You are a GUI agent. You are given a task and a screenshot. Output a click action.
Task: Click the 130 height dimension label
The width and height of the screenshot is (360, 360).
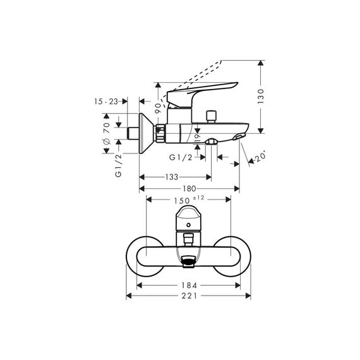[261, 97]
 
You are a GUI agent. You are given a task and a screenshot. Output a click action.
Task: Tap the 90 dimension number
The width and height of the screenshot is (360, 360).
[158, 109]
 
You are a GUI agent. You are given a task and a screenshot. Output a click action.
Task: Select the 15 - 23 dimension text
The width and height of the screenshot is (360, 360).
[106, 101]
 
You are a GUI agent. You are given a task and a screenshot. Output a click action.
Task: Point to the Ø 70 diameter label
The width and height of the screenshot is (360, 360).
[107, 133]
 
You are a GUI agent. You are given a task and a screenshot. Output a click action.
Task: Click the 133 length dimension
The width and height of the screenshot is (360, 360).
[172, 177]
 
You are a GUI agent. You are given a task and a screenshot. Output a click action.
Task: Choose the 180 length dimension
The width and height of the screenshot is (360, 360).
[189, 188]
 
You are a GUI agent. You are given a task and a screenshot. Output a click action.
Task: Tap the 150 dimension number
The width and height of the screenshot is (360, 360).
[182, 201]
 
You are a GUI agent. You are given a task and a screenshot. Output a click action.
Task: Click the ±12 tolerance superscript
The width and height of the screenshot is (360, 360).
[198, 198]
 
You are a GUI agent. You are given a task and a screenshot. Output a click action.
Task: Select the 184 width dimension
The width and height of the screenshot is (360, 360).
[189, 285]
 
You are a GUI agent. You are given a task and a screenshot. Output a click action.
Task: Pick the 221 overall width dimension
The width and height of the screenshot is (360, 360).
[189, 296]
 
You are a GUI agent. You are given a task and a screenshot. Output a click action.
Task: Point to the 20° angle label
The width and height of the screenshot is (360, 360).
[261, 157]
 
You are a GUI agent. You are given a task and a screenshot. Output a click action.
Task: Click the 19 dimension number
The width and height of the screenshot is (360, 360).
[198, 138]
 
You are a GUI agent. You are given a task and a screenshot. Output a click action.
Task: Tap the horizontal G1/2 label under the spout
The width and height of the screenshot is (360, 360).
[181, 157]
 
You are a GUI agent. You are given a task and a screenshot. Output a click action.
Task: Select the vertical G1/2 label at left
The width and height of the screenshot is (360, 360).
[119, 165]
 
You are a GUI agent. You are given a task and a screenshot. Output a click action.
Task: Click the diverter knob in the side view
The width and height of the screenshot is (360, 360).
[211, 117]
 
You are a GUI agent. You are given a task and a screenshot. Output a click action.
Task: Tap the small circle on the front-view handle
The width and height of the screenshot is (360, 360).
[188, 225]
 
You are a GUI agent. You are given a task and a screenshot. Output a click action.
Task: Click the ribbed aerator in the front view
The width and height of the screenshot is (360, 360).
[188, 261]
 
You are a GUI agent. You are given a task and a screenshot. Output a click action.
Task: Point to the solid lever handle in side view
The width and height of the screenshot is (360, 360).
[202, 94]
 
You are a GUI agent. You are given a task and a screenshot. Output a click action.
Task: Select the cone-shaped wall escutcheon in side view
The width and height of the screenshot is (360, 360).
[145, 133]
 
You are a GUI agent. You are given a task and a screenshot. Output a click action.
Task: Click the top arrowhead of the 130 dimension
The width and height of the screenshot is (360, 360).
[260, 63]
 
